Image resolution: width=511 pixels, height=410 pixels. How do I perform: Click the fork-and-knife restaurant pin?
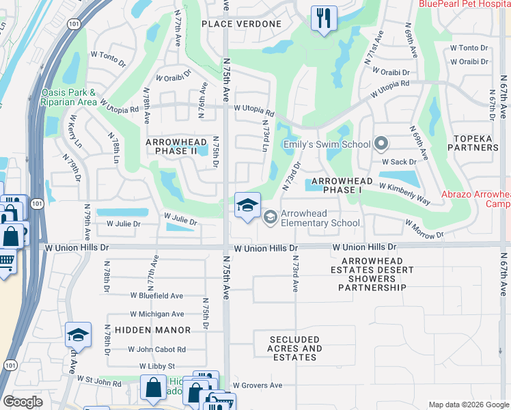pos(323,18)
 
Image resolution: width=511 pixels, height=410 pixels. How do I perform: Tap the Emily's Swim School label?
pos(327,144)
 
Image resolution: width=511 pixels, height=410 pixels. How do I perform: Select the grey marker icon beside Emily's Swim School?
pos(381,144)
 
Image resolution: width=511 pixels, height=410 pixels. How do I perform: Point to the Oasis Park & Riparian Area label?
pos(68,97)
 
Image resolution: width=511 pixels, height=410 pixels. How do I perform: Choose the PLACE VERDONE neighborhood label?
pos(242,24)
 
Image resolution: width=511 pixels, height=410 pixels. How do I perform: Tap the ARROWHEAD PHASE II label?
pos(176,146)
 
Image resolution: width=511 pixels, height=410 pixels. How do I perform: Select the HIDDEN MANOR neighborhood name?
pos(153,330)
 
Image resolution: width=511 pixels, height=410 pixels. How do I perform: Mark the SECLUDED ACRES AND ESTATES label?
pos(295,348)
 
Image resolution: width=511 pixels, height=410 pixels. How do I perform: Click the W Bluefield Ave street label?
pos(157,296)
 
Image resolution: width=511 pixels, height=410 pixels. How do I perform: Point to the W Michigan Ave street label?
pos(157,314)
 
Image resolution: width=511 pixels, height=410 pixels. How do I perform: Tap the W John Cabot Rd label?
pos(157,349)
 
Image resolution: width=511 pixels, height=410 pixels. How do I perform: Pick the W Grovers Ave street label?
pos(257,385)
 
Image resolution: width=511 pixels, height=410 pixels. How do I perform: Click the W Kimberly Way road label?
pos(404,194)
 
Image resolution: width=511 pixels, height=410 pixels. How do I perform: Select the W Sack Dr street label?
pos(399,162)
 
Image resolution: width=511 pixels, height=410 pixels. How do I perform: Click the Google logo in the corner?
pos(23,402)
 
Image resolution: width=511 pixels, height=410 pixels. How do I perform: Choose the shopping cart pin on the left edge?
pos(5,261)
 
